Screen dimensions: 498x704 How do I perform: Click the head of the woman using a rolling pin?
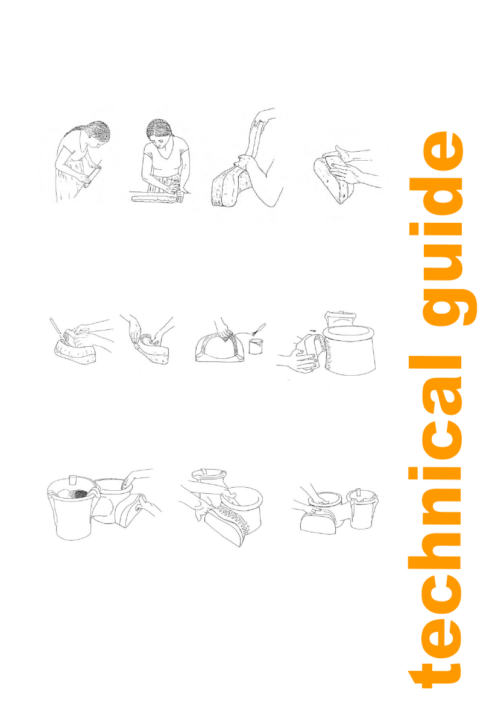(x=98, y=134)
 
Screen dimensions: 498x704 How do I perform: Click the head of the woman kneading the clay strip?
(x=160, y=132)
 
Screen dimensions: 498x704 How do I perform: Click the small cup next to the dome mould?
(x=256, y=346)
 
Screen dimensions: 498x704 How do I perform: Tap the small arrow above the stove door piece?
(x=314, y=331)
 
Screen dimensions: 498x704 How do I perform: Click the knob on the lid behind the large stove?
(x=340, y=311)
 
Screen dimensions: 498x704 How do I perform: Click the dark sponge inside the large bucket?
(x=75, y=493)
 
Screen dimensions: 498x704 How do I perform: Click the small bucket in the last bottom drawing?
(x=362, y=509)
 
